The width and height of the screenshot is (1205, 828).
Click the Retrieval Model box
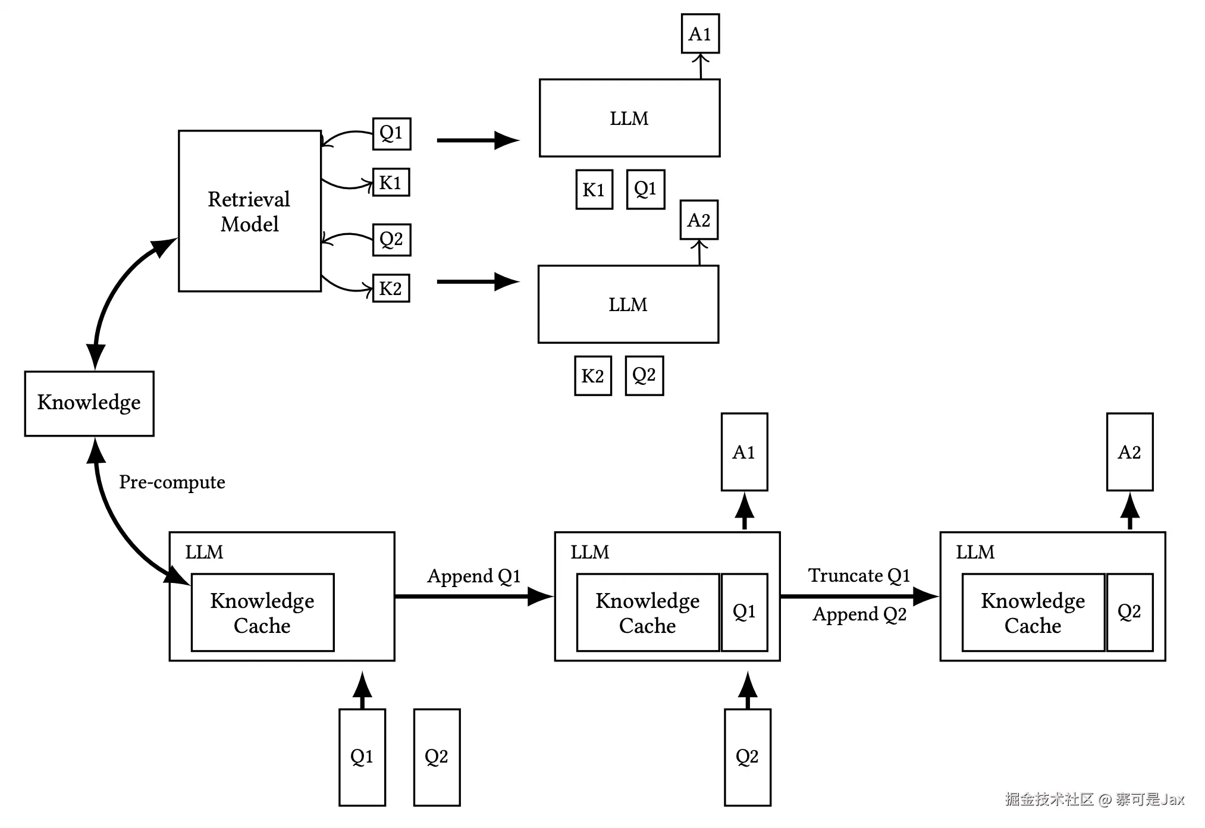[x=249, y=211]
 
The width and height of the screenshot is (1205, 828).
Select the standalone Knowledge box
[x=89, y=403]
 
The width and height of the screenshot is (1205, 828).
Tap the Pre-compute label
[x=172, y=482]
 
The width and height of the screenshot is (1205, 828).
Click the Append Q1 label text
[x=473, y=576]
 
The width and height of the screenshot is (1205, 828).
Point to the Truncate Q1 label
[x=858, y=575]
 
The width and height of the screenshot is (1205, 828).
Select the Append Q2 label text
[x=859, y=614]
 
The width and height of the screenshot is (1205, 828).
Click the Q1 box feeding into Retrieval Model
[x=391, y=133]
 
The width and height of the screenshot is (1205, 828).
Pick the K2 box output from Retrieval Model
[x=391, y=288]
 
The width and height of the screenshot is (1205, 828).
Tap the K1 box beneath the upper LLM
[x=594, y=190]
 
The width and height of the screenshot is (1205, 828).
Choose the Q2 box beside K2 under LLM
[x=644, y=375]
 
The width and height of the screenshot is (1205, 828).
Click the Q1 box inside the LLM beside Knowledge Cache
[x=744, y=612]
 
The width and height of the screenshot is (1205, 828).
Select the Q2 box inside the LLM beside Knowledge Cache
[x=1129, y=612]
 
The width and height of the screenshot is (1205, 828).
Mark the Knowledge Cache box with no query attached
[x=262, y=613]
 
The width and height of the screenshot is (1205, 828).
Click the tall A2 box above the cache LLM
[x=1129, y=452]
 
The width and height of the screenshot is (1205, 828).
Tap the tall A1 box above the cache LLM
[x=744, y=452]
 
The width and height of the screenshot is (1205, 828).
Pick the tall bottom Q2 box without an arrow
[x=437, y=757]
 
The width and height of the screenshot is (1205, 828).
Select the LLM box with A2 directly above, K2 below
[x=628, y=305]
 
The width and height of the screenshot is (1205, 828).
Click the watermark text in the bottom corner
[x=1094, y=799]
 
